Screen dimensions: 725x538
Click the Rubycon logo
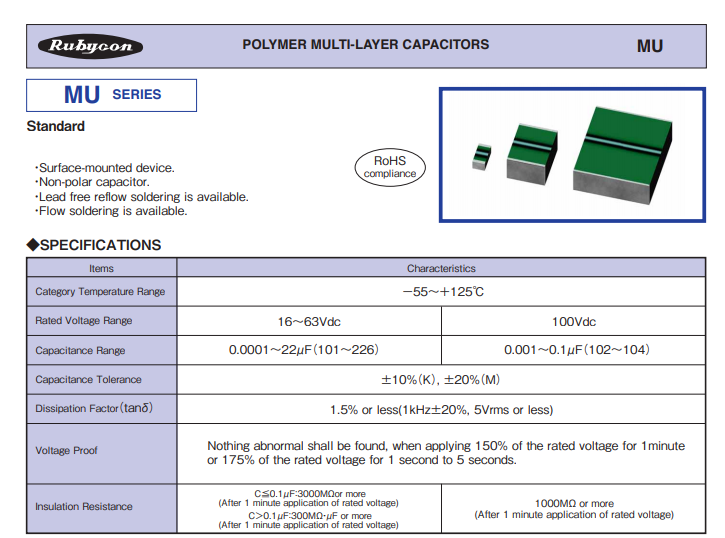[x=90, y=46]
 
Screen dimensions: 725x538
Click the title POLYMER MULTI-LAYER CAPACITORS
[x=366, y=44]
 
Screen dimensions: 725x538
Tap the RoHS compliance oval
[x=390, y=167]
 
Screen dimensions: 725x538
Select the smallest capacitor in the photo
[x=481, y=157]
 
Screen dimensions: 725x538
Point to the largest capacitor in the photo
[x=622, y=155]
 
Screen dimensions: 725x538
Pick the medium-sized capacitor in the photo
[x=532, y=154]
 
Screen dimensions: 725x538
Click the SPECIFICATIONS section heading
[x=94, y=245]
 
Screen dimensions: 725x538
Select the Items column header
[x=101, y=269]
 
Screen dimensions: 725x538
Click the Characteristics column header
[x=441, y=269]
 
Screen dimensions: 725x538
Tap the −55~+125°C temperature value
[x=443, y=292]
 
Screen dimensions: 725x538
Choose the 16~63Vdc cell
[x=309, y=322]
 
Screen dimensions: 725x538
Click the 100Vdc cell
[x=574, y=322]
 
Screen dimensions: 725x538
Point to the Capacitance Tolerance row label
[x=88, y=379]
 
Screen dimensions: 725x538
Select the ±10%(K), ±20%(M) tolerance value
[x=441, y=380]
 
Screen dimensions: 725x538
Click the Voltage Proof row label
[x=67, y=451]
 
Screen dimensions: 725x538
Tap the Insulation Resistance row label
[x=84, y=507]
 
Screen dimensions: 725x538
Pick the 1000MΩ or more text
[x=574, y=503]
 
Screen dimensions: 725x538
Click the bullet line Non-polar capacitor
[x=92, y=182]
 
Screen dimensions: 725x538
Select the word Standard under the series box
[x=55, y=126]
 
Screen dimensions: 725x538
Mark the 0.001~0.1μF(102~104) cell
[x=577, y=350]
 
